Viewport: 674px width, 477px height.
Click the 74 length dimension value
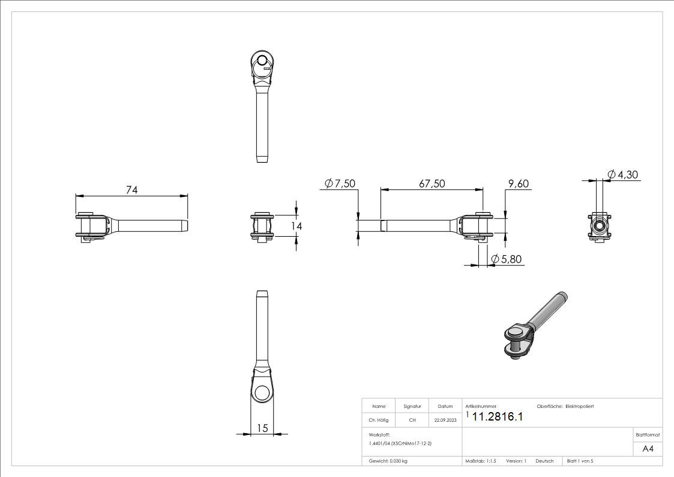132,190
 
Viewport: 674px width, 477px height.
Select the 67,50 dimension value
432,184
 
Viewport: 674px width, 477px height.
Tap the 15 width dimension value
262,428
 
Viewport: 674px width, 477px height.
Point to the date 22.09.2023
445,421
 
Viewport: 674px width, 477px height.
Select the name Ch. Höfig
379,421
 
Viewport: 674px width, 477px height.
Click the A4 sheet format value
648,449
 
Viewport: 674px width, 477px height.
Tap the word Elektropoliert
580,407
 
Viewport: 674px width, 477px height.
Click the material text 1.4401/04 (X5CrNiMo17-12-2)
400,442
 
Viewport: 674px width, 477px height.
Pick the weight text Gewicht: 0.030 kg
388,461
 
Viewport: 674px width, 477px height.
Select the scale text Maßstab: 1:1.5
481,461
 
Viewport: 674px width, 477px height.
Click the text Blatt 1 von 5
580,461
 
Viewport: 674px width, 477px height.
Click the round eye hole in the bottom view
262,394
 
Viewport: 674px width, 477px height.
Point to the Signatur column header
412,407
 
